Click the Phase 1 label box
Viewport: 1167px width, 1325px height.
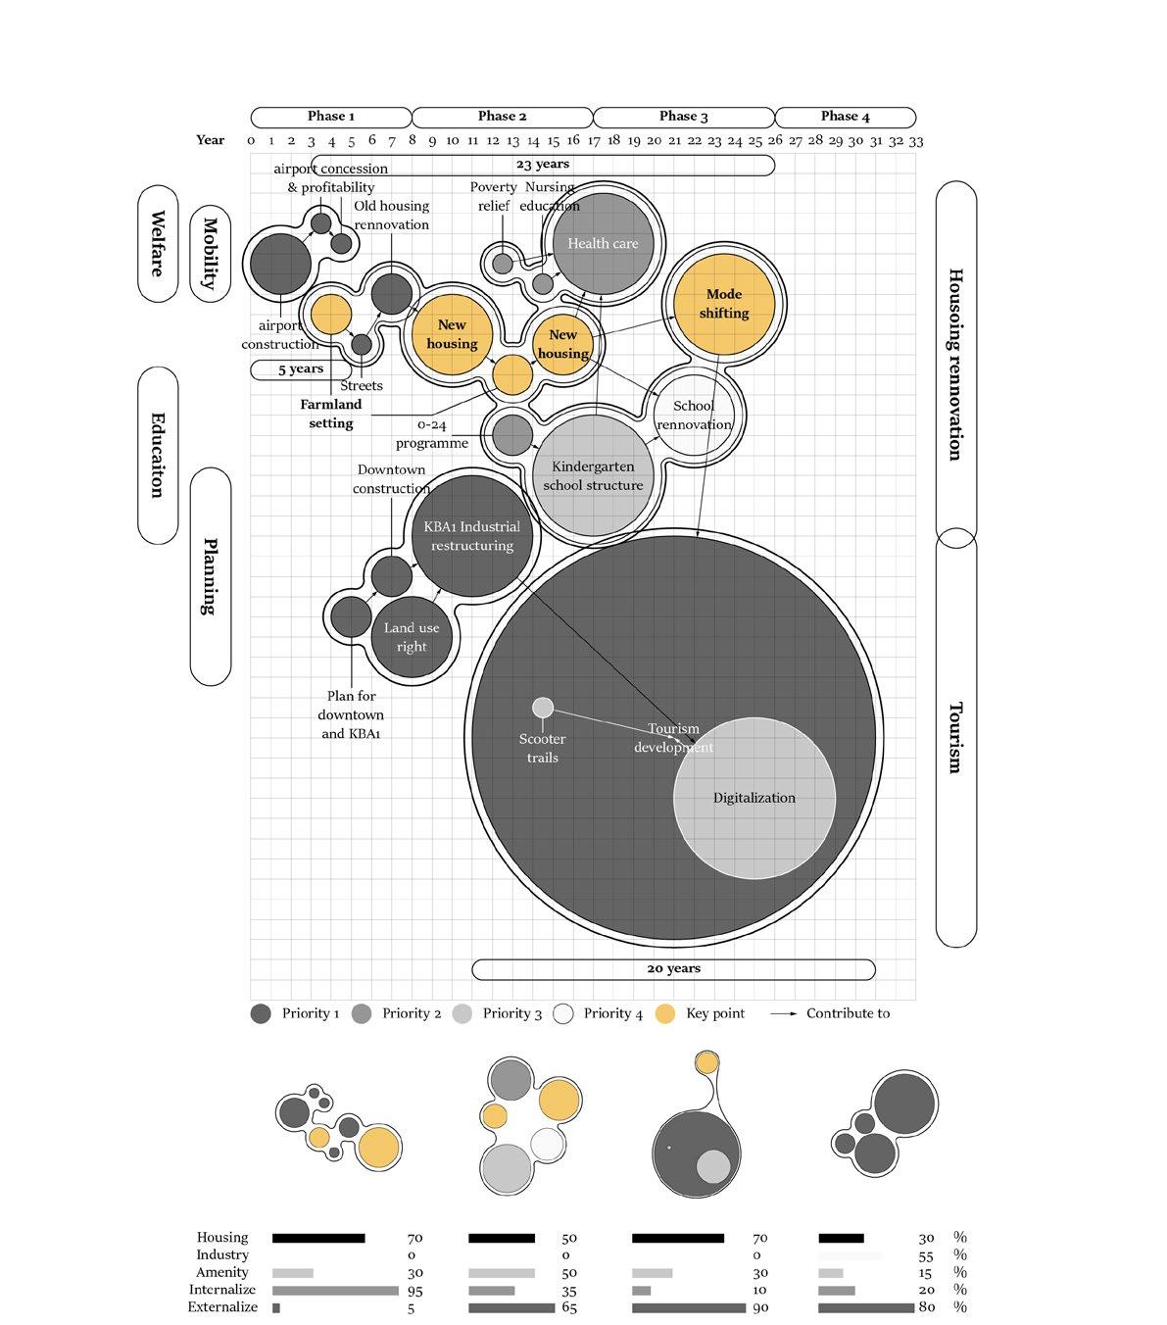pyautogui.click(x=331, y=118)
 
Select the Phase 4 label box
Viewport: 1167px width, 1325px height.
pyautogui.click(x=845, y=118)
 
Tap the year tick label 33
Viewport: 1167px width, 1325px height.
pyautogui.click(x=915, y=141)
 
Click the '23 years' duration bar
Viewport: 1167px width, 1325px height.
pyautogui.click(x=542, y=165)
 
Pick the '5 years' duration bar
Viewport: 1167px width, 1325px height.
pyautogui.click(x=301, y=369)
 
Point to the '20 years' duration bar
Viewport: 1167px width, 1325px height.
pyautogui.click(x=673, y=969)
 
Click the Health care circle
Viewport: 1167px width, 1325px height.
pyautogui.click(x=603, y=244)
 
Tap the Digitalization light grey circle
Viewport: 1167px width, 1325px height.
pyautogui.click(x=754, y=798)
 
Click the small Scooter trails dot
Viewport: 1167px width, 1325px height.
pyautogui.click(x=543, y=708)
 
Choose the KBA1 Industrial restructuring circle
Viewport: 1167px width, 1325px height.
pyautogui.click(x=472, y=535)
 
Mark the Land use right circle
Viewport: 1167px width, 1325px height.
pyautogui.click(x=412, y=637)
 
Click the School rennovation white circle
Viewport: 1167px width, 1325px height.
pyautogui.click(x=694, y=416)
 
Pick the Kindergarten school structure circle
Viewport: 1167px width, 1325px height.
pyautogui.click(x=593, y=476)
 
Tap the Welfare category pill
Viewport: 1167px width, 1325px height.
pyautogui.click(x=158, y=243)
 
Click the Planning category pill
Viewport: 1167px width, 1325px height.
pyautogui.click(x=210, y=576)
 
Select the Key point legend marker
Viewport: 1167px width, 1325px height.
pyautogui.click(x=665, y=1014)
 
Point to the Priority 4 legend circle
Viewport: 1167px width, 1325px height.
pyautogui.click(x=563, y=1014)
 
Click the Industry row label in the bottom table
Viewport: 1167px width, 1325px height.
pyautogui.click(x=222, y=1255)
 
